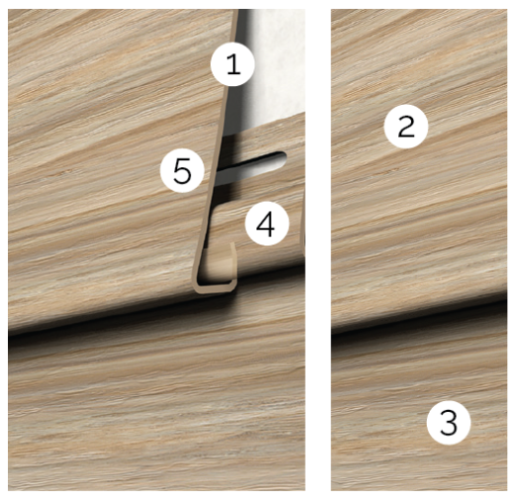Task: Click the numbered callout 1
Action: [x=233, y=64]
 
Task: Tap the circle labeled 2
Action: [x=406, y=126]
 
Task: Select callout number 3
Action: [x=449, y=422]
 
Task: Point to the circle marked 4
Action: [x=266, y=224]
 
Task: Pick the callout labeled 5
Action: [x=182, y=170]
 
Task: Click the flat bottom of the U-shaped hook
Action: [x=215, y=288]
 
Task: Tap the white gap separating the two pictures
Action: [x=318, y=249]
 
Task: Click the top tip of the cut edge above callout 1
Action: [x=237, y=10]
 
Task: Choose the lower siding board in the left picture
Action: [x=156, y=413]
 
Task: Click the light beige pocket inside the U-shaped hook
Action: [x=217, y=267]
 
